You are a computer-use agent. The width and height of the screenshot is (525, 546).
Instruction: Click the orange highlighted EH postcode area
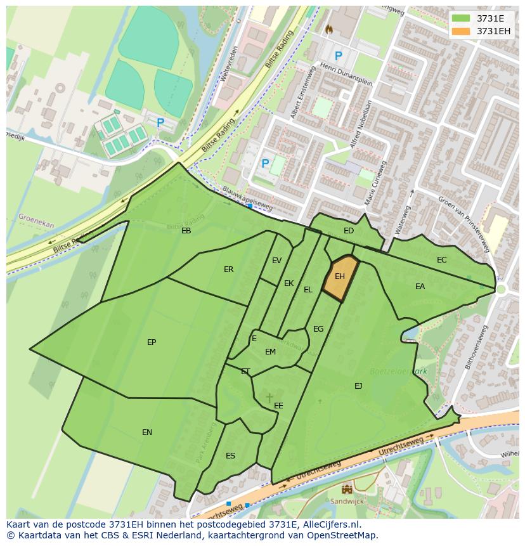tap(340, 277)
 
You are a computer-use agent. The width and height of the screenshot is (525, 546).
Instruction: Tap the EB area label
tap(186, 231)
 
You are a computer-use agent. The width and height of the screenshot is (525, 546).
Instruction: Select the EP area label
tap(152, 342)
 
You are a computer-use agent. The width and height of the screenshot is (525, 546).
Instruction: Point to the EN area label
tap(147, 432)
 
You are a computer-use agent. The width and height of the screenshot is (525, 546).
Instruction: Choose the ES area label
tap(230, 456)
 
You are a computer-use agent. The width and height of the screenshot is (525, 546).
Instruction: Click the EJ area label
tap(358, 386)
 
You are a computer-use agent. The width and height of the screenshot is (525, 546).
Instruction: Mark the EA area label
tap(420, 287)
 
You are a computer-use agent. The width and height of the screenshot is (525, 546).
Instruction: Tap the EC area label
tap(442, 260)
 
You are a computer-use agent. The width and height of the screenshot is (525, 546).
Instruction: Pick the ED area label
tap(349, 231)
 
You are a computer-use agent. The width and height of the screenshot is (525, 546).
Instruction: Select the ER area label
tap(228, 270)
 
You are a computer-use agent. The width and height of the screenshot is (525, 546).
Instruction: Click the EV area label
tap(276, 261)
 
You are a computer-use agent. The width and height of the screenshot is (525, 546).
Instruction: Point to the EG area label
tap(318, 329)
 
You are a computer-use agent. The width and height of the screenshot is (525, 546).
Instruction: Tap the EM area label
tap(270, 352)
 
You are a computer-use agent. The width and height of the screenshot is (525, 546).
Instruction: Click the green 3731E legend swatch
tap(461, 18)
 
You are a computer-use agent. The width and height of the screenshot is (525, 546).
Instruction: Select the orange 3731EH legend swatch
tap(461, 31)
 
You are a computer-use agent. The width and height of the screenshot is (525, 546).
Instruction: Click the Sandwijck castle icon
tap(347, 489)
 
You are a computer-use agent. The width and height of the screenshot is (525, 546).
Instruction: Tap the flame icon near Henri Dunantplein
tap(328, 29)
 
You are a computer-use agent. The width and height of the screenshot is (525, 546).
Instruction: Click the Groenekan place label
tap(36, 220)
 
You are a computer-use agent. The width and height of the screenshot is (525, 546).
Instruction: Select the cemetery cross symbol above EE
tap(269, 398)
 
